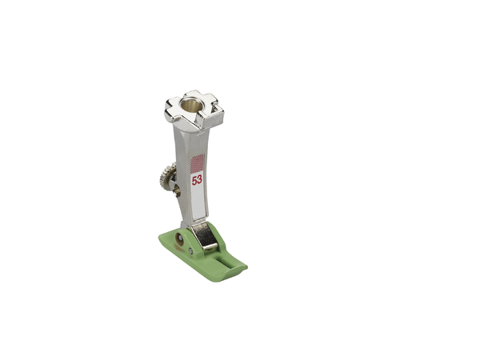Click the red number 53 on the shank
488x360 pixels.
[197, 180]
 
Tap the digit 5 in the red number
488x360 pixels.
[194, 181]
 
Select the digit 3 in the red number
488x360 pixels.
[199, 180]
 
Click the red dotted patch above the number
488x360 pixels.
[197, 163]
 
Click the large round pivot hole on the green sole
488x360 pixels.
[180, 238]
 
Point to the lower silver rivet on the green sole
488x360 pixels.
[190, 250]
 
